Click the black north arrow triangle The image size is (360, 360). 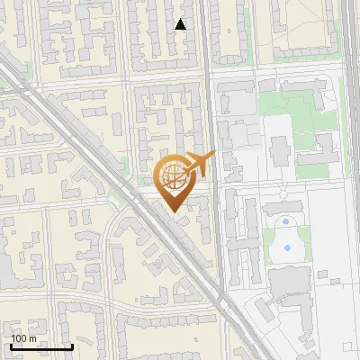coord(180,24)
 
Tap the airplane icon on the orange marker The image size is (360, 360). coord(199,164)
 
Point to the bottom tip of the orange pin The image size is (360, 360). coord(172,211)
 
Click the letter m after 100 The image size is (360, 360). coord(32,337)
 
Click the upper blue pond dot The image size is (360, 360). coord(286,221)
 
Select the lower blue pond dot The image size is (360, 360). coord(287,246)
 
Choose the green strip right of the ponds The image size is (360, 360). coord(305,236)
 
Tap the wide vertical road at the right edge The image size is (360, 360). coord(351,180)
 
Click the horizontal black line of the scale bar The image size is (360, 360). coord(41,346)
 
